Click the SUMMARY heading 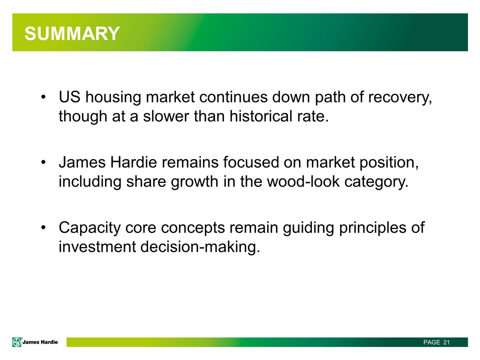72,33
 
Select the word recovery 398,97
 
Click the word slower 166,116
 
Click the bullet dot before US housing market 44,97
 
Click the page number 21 446,342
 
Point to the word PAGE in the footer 431,342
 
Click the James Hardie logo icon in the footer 17,342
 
